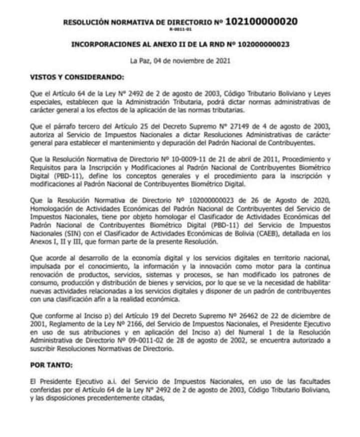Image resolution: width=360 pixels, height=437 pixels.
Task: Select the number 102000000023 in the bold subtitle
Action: point(261,44)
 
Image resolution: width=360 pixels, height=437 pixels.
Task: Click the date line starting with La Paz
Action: point(180,62)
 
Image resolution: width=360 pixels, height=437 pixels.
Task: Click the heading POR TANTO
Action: point(51,365)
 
